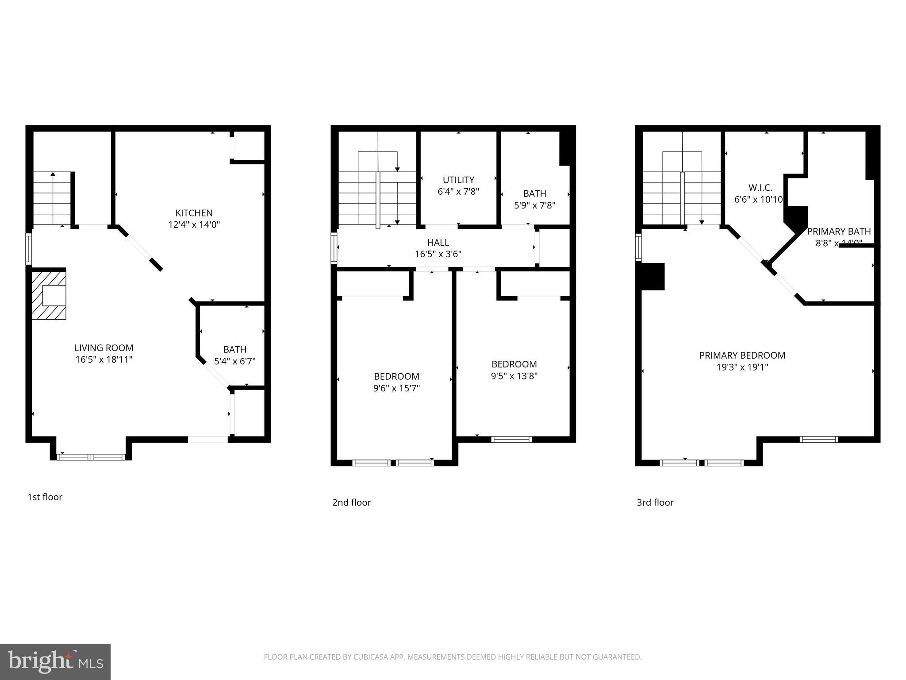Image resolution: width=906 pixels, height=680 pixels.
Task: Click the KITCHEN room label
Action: [x=194, y=213]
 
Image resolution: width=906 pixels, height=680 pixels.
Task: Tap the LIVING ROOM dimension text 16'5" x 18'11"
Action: [x=104, y=359]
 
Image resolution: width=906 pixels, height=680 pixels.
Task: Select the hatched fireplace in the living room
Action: [x=49, y=295]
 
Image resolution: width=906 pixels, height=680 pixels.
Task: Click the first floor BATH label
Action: [x=235, y=349]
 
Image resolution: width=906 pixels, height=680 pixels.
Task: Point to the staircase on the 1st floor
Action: [x=52, y=199]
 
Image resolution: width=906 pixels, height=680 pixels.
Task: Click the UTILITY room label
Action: [x=458, y=180]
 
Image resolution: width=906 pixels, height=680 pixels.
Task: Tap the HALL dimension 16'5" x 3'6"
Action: [x=438, y=254]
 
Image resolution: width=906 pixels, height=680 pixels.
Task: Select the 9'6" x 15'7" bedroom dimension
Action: [x=396, y=388]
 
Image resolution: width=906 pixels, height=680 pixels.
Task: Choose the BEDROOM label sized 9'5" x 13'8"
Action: [x=514, y=364]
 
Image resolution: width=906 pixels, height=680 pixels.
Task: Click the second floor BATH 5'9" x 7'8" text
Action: [x=534, y=205]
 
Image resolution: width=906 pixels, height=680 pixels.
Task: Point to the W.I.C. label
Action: [x=760, y=187]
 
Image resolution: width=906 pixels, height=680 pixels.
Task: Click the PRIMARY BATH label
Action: [x=839, y=231]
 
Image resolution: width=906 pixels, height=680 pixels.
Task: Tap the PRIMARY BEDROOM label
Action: [x=742, y=355]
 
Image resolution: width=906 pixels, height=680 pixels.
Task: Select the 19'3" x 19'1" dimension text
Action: [x=742, y=367]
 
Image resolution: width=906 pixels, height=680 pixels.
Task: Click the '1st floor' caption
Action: [x=45, y=497]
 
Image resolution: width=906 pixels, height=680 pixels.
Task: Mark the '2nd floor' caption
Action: [x=351, y=502]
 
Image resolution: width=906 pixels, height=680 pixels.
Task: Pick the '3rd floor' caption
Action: [x=655, y=502]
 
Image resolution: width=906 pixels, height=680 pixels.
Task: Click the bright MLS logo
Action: [x=55, y=661]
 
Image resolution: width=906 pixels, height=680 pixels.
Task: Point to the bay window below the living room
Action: [x=91, y=456]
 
